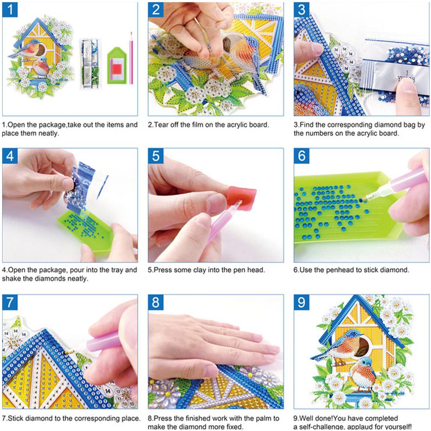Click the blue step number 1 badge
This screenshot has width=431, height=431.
tap(10, 10)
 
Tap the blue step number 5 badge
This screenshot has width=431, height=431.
tap(156, 156)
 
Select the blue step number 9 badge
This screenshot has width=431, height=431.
tap(302, 302)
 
